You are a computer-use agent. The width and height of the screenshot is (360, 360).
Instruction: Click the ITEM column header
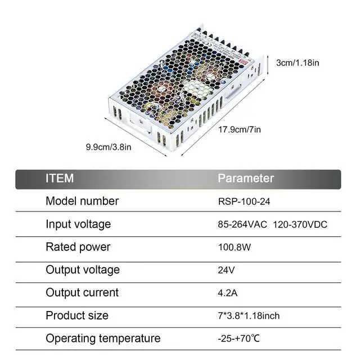tap(60, 178)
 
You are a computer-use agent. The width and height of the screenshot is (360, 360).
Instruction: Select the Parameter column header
tap(246, 178)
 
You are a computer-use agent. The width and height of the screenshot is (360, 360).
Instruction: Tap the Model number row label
tap(82, 201)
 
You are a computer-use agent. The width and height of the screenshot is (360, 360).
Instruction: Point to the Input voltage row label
tap(78, 224)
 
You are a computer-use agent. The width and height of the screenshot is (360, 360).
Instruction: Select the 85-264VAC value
tap(242, 224)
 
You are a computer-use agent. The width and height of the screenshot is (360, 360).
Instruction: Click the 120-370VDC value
tap(300, 224)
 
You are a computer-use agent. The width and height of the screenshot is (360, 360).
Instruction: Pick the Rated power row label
tap(78, 247)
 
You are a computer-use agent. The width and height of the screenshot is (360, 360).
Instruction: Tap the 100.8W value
tap(235, 247)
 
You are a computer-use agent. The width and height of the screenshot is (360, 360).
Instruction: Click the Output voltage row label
tap(83, 269)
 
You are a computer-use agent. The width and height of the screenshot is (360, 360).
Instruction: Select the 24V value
tap(226, 270)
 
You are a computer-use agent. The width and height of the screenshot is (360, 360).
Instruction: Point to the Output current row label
tap(82, 292)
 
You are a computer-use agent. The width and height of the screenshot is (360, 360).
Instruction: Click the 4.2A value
tap(228, 292)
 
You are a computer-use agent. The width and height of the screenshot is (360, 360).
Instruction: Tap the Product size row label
tap(77, 315)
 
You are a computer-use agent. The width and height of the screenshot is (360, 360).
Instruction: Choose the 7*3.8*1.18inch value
tap(248, 316)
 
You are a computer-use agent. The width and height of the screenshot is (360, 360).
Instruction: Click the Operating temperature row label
tap(103, 338)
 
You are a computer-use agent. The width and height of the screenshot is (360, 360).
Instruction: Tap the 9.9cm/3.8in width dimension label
tap(109, 147)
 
